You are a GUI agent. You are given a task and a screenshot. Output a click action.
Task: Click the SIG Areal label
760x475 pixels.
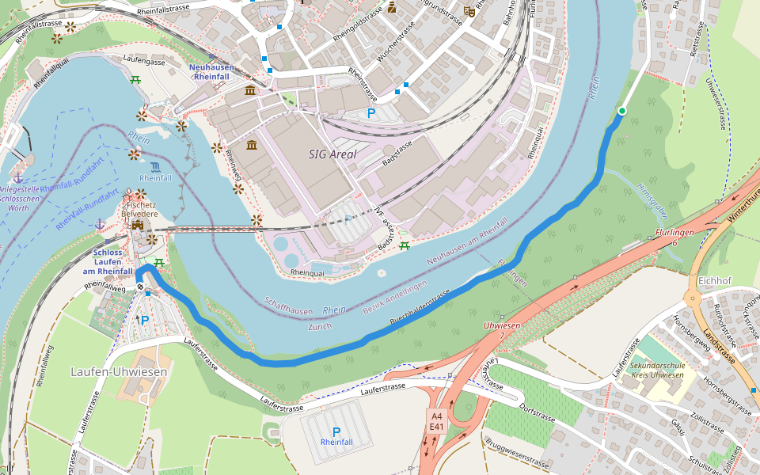[332, 154]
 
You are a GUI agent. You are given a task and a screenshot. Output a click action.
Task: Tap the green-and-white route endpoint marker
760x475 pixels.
[622, 111]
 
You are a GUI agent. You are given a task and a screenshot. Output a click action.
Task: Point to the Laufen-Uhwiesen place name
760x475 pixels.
[119, 371]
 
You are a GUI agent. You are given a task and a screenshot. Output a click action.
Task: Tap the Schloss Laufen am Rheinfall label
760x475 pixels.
[107, 262]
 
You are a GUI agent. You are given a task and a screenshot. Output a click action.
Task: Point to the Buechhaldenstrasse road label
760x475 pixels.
[420, 308]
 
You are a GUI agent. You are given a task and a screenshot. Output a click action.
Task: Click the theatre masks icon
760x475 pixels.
[469, 11]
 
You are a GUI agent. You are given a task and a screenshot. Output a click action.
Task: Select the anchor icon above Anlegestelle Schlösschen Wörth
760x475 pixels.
[17, 177]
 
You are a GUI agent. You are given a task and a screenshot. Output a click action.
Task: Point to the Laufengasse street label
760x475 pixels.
[144, 59]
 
